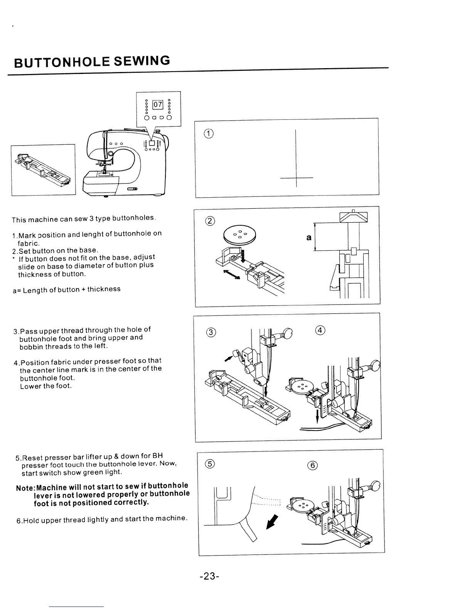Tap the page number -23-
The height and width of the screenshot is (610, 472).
(x=210, y=576)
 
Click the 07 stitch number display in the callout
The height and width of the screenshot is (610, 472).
(x=158, y=104)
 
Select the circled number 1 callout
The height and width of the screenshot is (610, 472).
(x=208, y=134)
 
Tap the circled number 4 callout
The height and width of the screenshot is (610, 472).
(x=320, y=330)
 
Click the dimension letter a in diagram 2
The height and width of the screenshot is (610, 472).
(x=308, y=238)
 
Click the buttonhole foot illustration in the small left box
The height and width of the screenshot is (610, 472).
(x=43, y=169)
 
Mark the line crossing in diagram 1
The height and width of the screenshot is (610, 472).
(x=296, y=178)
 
